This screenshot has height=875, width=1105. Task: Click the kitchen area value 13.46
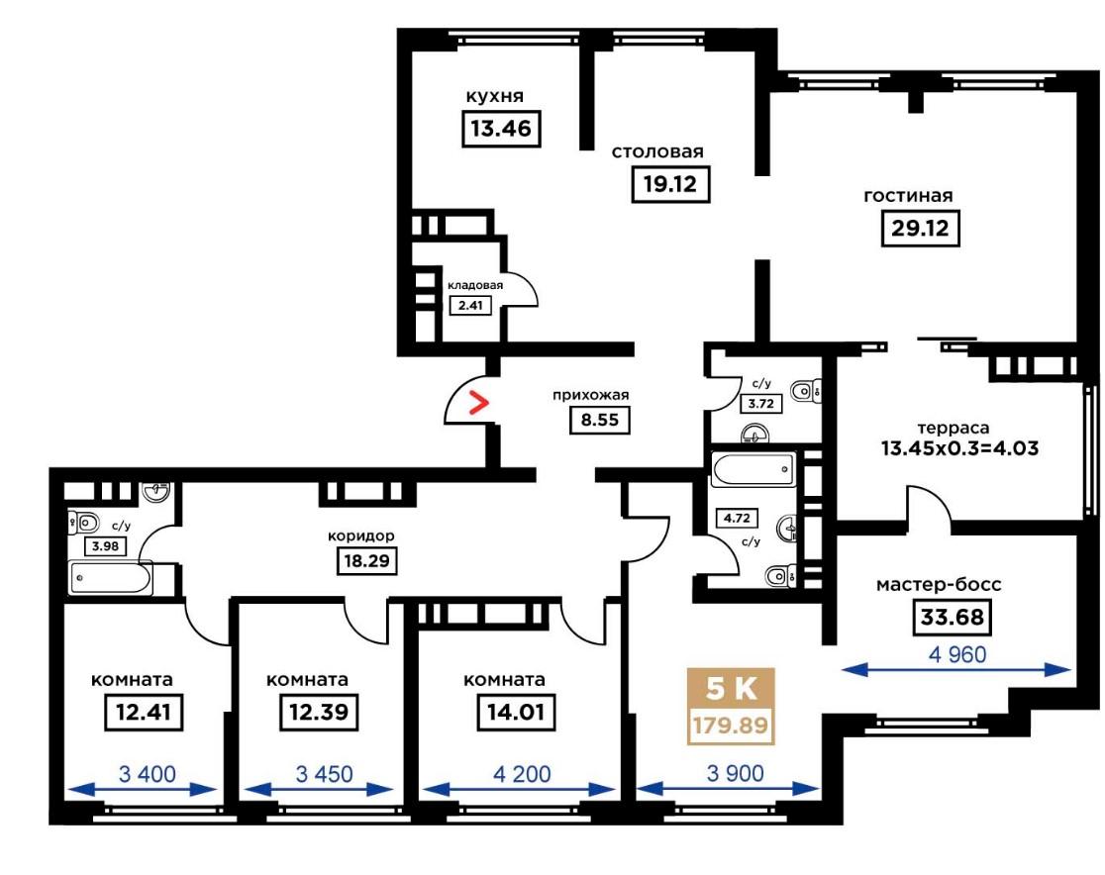click(x=501, y=129)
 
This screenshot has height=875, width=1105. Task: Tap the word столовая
click(x=657, y=151)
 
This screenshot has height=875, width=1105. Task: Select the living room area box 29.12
click(x=921, y=229)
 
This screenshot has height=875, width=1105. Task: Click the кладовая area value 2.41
click(x=470, y=305)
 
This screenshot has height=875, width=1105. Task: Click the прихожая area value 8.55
click(x=600, y=420)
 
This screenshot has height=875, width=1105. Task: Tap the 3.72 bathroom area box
click(x=761, y=404)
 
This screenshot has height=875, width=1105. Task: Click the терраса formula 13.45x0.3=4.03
click(x=959, y=448)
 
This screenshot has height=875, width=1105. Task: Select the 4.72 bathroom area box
click(x=737, y=518)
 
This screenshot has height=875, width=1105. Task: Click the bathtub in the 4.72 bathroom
click(x=753, y=469)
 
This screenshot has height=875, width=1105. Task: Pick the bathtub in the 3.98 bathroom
click(x=111, y=578)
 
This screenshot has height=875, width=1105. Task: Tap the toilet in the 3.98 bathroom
click(x=83, y=523)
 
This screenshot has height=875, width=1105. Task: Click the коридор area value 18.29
click(x=366, y=561)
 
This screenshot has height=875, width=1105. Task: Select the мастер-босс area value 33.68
click(x=953, y=617)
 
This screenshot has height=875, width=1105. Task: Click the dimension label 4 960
click(x=957, y=654)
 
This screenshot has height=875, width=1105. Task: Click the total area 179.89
click(x=731, y=725)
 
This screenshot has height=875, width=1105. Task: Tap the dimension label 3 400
click(x=148, y=774)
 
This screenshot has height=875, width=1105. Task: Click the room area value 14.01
click(x=516, y=712)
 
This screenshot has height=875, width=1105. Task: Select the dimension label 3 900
click(x=735, y=774)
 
